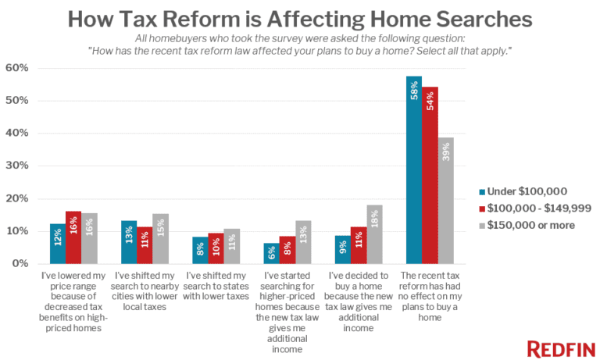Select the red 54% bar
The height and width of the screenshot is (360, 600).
click(x=430, y=176)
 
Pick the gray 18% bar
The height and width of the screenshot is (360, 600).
click(x=375, y=234)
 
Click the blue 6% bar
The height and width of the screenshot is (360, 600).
click(x=270, y=253)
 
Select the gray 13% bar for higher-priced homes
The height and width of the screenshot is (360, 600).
click(x=303, y=243)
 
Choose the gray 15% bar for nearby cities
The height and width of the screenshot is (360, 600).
click(x=160, y=239)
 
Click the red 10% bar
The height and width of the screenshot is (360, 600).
click(x=216, y=248)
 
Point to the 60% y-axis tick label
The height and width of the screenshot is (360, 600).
click(x=17, y=68)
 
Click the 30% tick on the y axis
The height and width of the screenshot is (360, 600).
click(x=17, y=166)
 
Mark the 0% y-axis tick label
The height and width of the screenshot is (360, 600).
click(x=20, y=264)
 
